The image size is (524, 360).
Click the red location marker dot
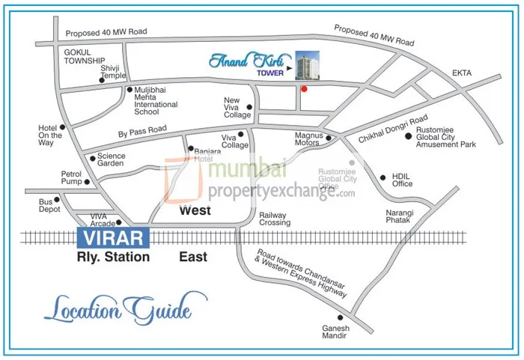tap(303, 89)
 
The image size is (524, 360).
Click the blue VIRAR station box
tap(115, 238)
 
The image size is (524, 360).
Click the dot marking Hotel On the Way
tap(63, 127)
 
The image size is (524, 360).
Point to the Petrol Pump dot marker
tap(87, 181)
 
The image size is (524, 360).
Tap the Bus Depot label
tap(49, 206)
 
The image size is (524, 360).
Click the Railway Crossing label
tap(275, 218)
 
